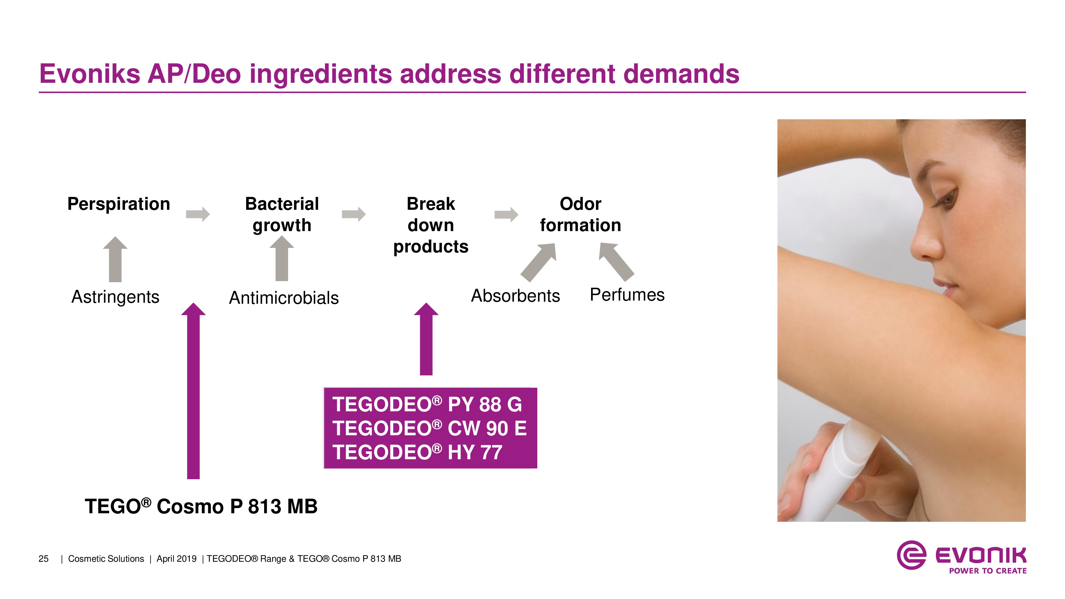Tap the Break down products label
coord(431,225)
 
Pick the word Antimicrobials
coord(284,298)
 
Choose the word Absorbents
coord(515,296)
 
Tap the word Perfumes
coord(627,295)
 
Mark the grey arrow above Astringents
coord(115,259)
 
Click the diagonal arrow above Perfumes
coord(616,262)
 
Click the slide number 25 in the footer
coord(43,559)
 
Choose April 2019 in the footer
coord(177,559)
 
